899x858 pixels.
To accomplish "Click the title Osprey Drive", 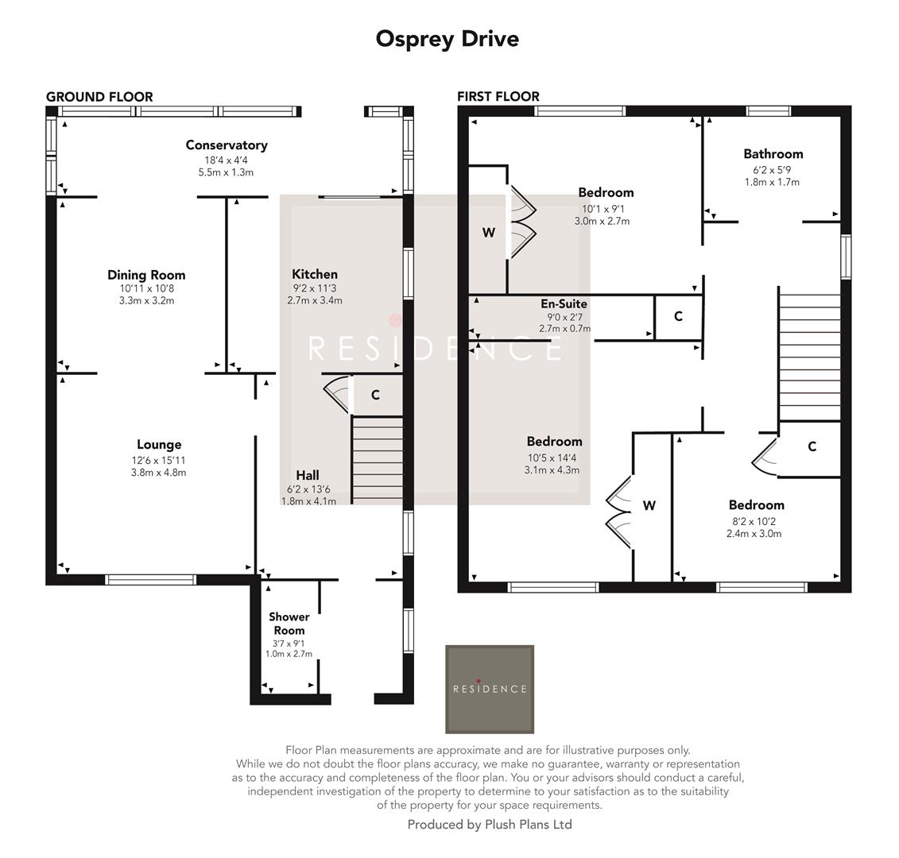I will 447,38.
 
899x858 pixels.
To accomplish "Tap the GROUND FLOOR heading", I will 99,97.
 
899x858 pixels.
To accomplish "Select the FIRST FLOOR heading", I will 498,96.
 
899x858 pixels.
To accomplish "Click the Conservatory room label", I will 227,145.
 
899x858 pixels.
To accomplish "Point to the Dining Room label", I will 146,275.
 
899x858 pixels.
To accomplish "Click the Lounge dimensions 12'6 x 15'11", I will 159,461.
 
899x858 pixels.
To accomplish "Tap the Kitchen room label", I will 314,274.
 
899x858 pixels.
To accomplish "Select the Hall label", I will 308,475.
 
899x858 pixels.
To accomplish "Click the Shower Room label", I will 289,624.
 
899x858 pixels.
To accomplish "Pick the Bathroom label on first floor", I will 773,154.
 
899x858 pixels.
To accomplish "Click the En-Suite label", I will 564,303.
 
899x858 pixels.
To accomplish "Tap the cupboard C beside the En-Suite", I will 678,316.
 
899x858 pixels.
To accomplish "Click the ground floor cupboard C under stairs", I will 375,395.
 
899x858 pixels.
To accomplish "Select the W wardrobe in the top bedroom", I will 488,233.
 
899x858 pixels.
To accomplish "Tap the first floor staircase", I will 808,354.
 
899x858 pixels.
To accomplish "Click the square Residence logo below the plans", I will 489,689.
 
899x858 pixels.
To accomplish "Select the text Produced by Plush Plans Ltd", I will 490,825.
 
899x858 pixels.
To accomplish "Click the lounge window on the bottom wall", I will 151,580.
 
